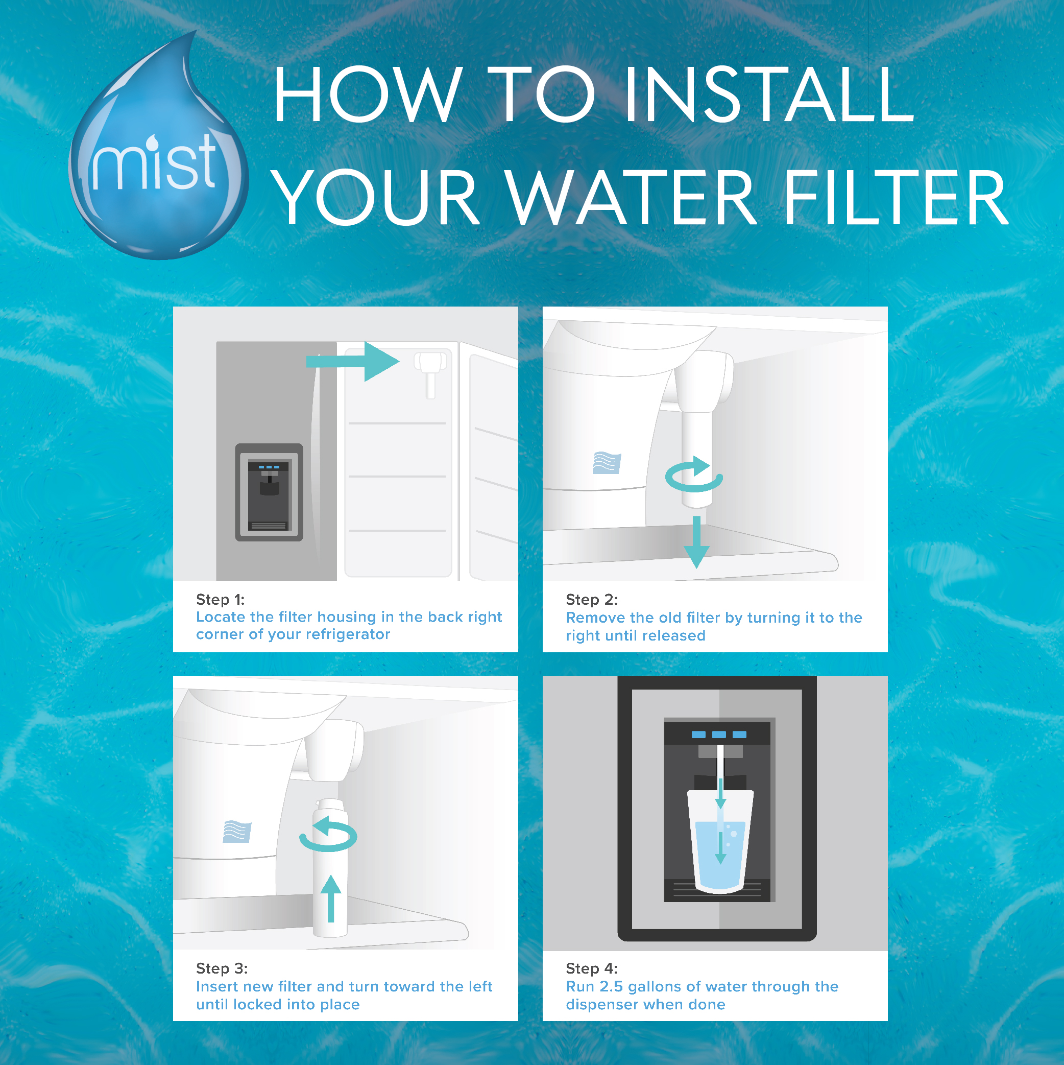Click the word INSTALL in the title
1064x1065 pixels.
769,94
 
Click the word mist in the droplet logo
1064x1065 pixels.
155,162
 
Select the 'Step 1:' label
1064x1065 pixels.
221,599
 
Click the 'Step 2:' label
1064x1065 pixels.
592,599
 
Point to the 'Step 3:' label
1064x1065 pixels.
222,968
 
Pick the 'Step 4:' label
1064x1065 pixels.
592,968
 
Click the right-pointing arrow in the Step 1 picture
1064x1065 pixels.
353,362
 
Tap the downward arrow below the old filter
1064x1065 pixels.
696,542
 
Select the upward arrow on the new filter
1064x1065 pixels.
331,898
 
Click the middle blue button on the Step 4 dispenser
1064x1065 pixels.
719,734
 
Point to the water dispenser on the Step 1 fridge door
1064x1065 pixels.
269,492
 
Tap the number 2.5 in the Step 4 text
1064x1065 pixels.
611,986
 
